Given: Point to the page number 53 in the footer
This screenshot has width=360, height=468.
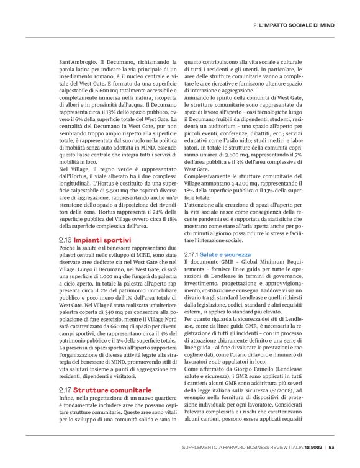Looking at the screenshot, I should [x=331, y=447].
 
